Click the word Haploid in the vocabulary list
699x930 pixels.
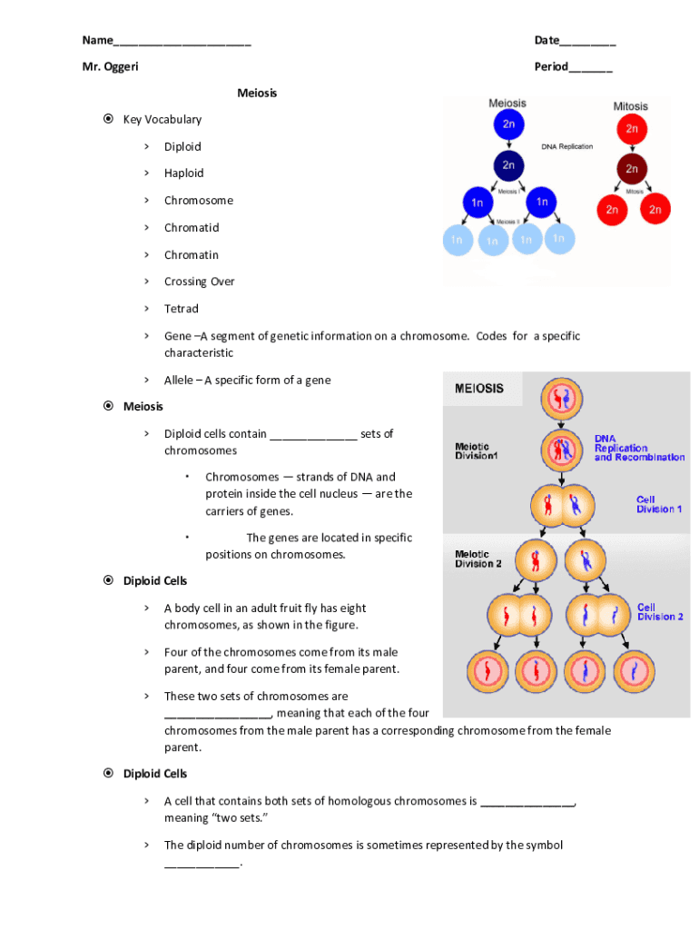pyautogui.click(x=183, y=173)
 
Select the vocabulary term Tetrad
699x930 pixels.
pyautogui.click(x=181, y=309)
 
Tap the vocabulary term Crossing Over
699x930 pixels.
pyautogui.click(x=199, y=282)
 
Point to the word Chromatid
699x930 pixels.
pyautogui.click(x=192, y=228)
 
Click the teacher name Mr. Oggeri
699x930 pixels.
pyautogui.click(x=111, y=66)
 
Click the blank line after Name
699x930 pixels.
pyautogui.click(x=182, y=42)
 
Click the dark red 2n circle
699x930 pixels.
pyautogui.click(x=632, y=169)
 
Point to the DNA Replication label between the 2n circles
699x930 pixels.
pyautogui.click(x=567, y=146)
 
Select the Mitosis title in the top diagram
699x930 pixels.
pyautogui.click(x=631, y=106)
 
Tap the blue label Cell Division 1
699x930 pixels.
pyautogui.click(x=659, y=504)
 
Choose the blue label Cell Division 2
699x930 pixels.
pyautogui.click(x=660, y=612)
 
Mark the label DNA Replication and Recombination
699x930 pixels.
pyautogui.click(x=639, y=448)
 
